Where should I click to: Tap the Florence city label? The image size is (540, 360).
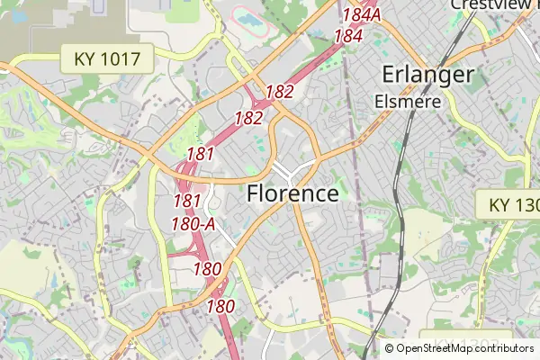292,193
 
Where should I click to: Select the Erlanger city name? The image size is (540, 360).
427,75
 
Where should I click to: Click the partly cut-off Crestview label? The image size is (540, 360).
493,4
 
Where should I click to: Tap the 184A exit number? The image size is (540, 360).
363,15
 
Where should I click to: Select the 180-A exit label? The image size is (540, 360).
193,222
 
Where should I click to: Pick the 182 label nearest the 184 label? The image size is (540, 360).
279,91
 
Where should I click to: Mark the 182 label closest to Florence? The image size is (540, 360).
248,118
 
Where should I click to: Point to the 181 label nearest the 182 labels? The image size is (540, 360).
200,154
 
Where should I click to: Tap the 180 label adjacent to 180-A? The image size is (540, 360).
207,268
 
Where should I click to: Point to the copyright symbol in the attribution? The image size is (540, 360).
389,348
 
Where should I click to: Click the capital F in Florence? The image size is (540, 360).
253,193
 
